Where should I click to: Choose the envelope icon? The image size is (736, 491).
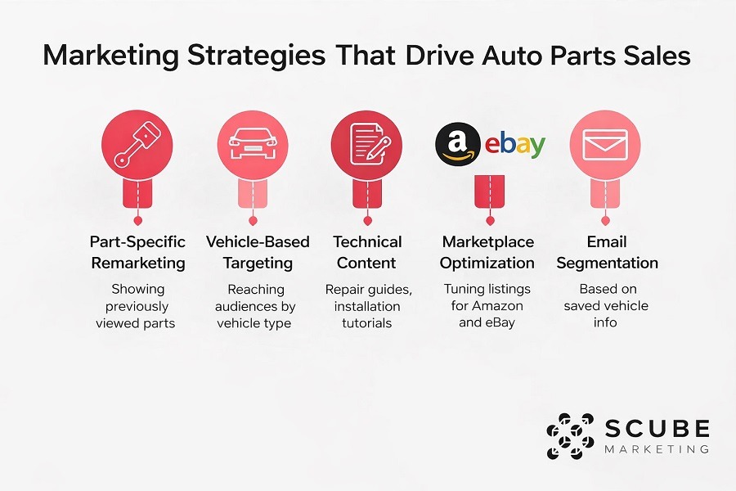[x=604, y=143]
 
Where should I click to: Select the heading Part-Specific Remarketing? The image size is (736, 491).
[x=138, y=252]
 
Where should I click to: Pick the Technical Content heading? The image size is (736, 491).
[x=367, y=252]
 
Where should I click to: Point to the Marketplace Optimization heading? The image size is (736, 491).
[x=487, y=252]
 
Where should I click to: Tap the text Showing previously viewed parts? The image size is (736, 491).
[x=138, y=306]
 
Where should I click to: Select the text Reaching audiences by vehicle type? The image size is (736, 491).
[x=254, y=306]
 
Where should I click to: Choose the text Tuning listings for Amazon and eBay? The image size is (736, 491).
[x=487, y=306]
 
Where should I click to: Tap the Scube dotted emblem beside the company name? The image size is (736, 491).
[x=569, y=437]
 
